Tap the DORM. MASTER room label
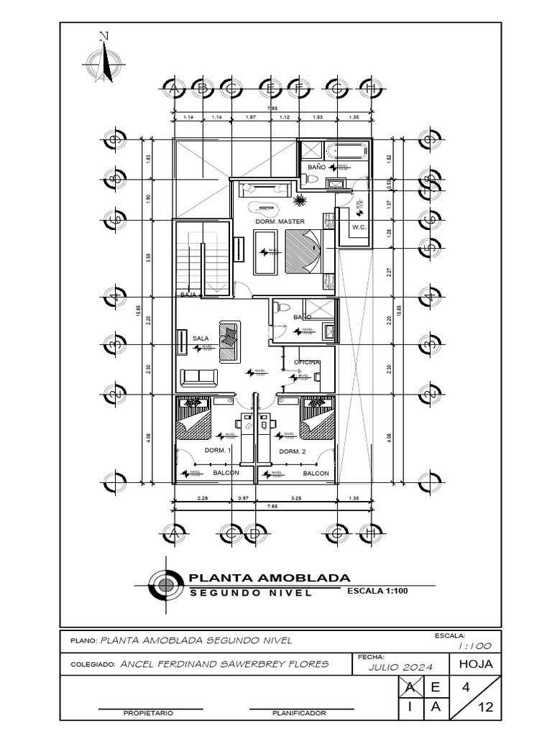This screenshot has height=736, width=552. [280, 221]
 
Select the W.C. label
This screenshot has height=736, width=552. [359, 227]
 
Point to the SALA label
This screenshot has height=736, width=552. [201, 337]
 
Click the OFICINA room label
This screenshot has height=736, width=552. [306, 362]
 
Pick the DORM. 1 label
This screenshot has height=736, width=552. [217, 451]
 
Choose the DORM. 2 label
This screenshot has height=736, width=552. [293, 451]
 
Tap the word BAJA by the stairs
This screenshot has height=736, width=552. [188, 295]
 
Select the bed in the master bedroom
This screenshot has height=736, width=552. [303, 251]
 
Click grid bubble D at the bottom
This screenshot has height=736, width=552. [253, 534]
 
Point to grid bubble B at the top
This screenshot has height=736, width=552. [202, 89]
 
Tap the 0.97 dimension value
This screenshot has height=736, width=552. [243, 497]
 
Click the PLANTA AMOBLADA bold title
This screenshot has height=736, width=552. [269, 578]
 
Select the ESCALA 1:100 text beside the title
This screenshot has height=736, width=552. [377, 592]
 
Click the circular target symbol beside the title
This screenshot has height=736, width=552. [166, 584]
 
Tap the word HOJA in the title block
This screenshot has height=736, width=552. [475, 664]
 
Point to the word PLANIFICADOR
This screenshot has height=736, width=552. [299, 714]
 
